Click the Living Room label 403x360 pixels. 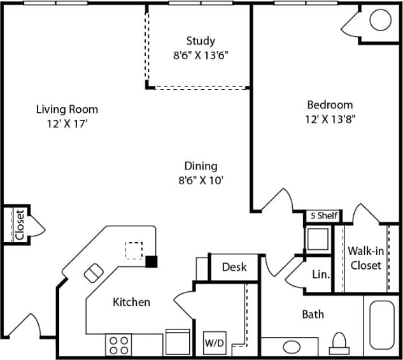pos(67,110)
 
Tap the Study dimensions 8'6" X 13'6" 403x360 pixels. pos(201,55)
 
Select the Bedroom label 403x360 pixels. pos(330,104)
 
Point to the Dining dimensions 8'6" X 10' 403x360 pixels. pos(201,180)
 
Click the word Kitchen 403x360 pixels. pos(132,301)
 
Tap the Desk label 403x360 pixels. pos(234,267)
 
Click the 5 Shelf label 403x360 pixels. pos(323,216)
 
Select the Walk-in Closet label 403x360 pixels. pos(365,257)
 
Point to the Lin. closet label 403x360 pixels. pos(321,275)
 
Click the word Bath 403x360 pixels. pos(313,313)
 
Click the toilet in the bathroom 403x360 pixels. pos(338,343)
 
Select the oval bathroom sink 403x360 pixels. pos(292,347)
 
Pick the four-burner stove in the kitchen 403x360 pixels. pos(118,345)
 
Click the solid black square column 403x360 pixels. pos(152,261)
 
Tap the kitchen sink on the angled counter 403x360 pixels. pos(94,272)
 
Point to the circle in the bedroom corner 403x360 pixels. pos(380,20)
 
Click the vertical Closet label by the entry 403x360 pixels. pos(19,224)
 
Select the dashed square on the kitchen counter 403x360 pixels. pos(134,250)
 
